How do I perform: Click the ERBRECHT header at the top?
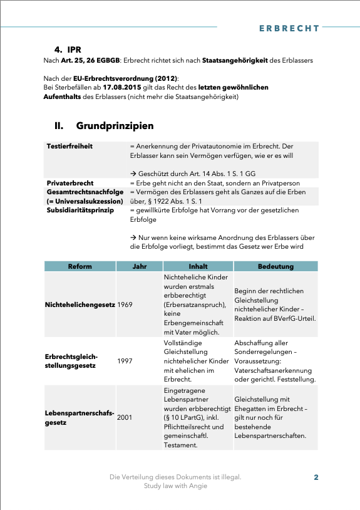pyautogui.click(x=289, y=28)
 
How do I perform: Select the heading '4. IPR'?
pyautogui.click(x=68, y=49)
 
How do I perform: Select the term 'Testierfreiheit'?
pyautogui.click(x=69, y=146)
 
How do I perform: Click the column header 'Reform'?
pyautogui.click(x=80, y=266)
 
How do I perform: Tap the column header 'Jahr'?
pyautogui.click(x=139, y=266)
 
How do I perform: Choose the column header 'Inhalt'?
pyautogui.click(x=198, y=266)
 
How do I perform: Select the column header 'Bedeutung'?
pyautogui.click(x=275, y=266)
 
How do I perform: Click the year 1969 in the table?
pyautogui.click(x=125, y=304)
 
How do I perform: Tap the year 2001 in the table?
pyautogui.click(x=125, y=417)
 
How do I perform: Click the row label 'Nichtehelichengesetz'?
pyautogui.click(x=80, y=304)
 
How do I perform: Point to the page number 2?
pyautogui.click(x=316, y=477)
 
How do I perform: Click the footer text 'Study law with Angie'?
pyautogui.click(x=175, y=486)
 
